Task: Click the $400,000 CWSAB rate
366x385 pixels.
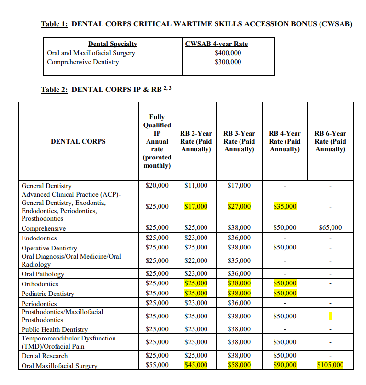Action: [x=228, y=53]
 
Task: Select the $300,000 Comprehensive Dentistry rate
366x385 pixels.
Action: [x=228, y=62]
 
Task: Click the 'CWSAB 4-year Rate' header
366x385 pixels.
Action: [x=216, y=44]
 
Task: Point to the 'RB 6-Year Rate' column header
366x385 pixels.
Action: [x=330, y=141]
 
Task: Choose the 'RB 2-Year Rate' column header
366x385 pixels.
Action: [x=196, y=141]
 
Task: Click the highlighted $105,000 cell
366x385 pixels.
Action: [x=330, y=365]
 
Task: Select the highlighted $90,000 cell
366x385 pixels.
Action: [x=285, y=365]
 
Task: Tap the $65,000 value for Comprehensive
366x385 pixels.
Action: [x=330, y=227]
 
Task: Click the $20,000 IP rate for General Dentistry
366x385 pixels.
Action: [x=157, y=185]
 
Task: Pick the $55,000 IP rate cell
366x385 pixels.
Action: [x=157, y=365]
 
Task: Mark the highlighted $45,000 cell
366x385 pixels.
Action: [x=196, y=365]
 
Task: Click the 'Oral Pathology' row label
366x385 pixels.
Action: [x=43, y=274]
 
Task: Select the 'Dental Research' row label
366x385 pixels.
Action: [x=45, y=356]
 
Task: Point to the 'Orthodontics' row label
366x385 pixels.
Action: [x=40, y=284]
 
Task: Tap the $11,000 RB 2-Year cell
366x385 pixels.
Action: [x=196, y=185]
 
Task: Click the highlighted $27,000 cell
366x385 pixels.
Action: [x=239, y=206]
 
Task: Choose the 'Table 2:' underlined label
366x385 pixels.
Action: [x=54, y=89]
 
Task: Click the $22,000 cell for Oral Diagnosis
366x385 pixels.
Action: [x=196, y=260]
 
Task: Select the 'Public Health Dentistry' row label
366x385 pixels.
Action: [x=55, y=329]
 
